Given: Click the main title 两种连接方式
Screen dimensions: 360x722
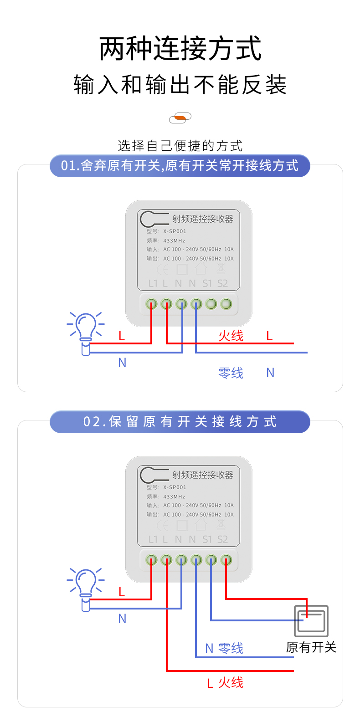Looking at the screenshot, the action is (180, 49).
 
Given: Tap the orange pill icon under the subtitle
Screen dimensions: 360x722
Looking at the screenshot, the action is (180, 118).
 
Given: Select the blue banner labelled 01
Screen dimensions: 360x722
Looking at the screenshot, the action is (180, 166).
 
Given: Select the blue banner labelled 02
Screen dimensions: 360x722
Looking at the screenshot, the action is (180, 422).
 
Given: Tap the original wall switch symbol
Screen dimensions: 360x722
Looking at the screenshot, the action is (311, 621).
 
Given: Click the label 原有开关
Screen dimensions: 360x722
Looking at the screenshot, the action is (311, 647).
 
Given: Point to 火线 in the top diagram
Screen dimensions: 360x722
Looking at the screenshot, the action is (231, 336).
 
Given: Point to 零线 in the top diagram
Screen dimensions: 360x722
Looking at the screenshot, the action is (231, 373).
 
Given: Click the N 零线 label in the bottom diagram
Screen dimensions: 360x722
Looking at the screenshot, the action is (224, 648).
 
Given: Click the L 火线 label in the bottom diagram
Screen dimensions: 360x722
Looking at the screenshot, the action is (225, 683).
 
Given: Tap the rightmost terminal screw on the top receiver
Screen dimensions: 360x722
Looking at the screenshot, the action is (226, 304).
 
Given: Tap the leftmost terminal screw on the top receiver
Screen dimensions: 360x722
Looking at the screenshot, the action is (151, 304).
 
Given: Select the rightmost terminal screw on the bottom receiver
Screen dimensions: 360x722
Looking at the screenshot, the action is (226, 560).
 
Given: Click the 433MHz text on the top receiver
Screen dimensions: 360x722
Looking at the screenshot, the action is (174, 241).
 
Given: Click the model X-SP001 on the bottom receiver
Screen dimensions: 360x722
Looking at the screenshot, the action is (175, 487).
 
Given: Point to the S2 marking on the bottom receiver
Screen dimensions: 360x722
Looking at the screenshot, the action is (222, 539).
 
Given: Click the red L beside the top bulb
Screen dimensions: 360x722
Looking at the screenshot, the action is (122, 336).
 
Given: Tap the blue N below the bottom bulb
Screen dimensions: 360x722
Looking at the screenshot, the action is (122, 619).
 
